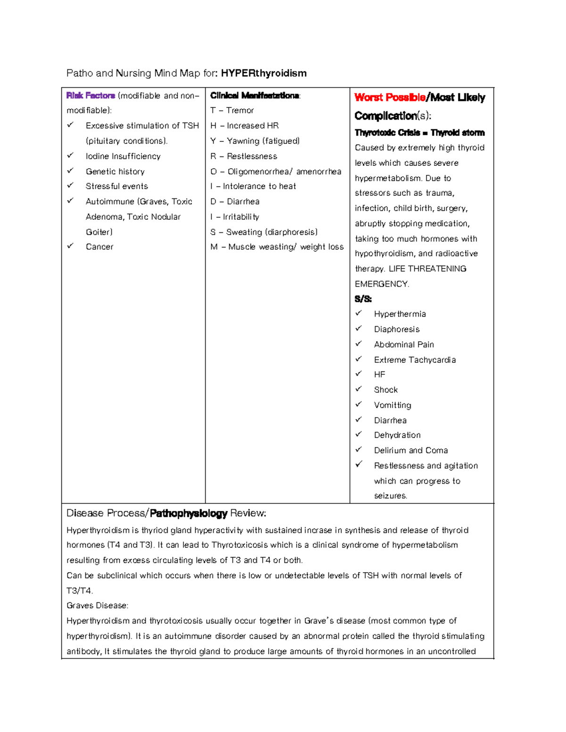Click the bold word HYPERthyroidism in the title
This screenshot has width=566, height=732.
264,73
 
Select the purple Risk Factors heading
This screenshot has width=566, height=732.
91,96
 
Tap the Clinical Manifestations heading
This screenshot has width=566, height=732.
255,96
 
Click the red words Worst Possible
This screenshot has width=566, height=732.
390,98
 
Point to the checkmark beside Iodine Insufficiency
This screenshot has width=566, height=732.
70,155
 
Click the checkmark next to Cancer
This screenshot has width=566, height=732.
70,246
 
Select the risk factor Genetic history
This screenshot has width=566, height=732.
115,172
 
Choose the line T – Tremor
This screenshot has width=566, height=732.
232,110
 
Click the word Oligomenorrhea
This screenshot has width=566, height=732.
259,172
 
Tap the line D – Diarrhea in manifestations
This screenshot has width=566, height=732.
235,201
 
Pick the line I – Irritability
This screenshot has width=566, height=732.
235,217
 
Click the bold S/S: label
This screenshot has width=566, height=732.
363,299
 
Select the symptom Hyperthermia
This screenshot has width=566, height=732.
400,314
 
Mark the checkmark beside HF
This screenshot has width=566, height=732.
358,374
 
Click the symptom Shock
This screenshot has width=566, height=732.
386,390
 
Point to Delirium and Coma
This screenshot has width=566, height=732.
411,450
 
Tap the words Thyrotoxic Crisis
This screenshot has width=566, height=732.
387,133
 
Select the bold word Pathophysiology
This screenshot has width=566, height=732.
189,513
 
